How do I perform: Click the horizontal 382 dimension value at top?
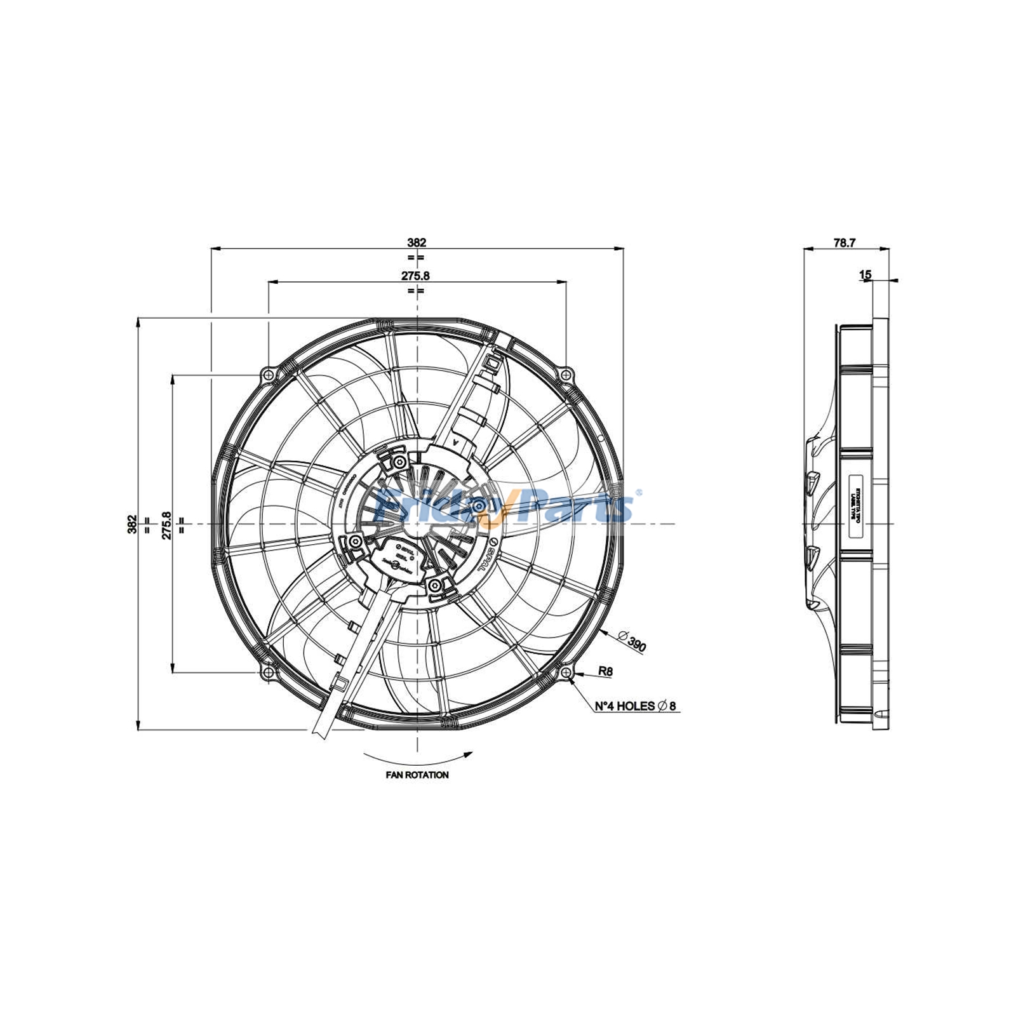pos(417,243)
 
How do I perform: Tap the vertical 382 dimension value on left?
pos(132,524)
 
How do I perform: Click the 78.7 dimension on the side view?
pos(845,243)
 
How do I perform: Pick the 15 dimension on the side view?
pos(865,275)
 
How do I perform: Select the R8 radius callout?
pos(605,671)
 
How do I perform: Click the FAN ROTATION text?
pos(417,775)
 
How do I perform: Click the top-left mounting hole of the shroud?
pos(269,375)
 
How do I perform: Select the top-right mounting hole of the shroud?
pos(565,375)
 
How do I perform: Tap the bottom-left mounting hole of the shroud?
pos(269,672)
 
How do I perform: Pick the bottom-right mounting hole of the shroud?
pos(565,672)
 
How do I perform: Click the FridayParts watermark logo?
pos(505,506)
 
